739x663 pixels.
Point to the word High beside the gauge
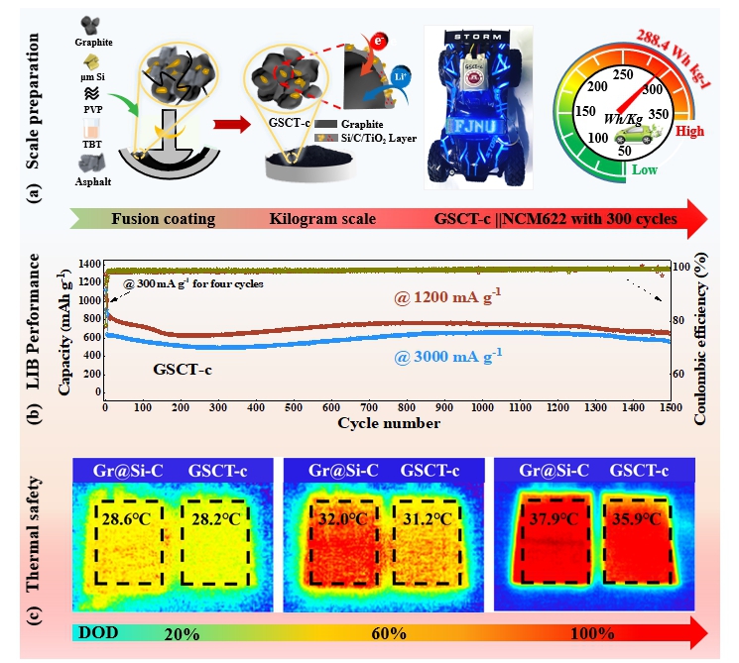coord(689,130)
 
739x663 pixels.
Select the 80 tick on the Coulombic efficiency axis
coord(677,320)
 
